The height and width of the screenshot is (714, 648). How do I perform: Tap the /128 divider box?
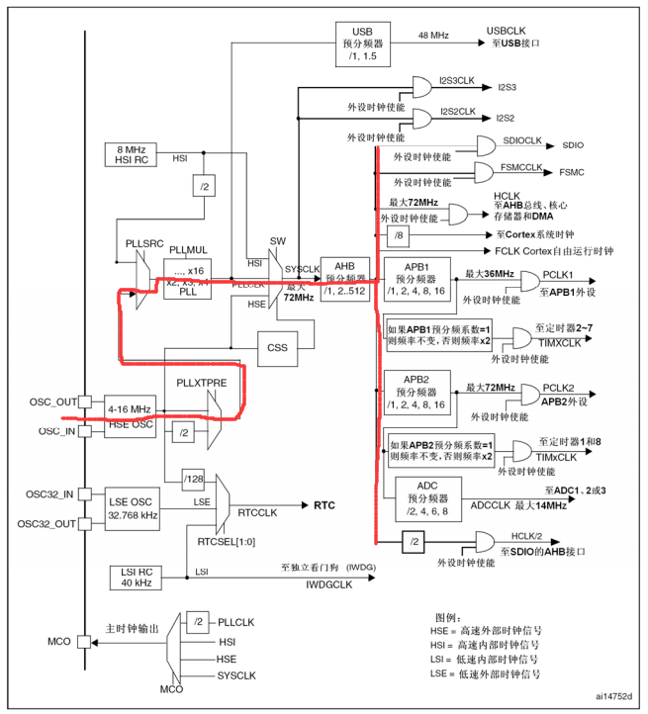[194, 482]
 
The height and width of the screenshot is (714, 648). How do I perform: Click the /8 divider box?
[398, 235]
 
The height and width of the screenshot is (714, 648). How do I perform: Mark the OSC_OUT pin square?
[86, 402]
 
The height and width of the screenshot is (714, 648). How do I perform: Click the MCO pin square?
[86, 642]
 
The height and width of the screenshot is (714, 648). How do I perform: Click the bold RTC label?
[325, 505]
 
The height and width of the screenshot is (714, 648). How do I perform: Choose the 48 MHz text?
[433, 36]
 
